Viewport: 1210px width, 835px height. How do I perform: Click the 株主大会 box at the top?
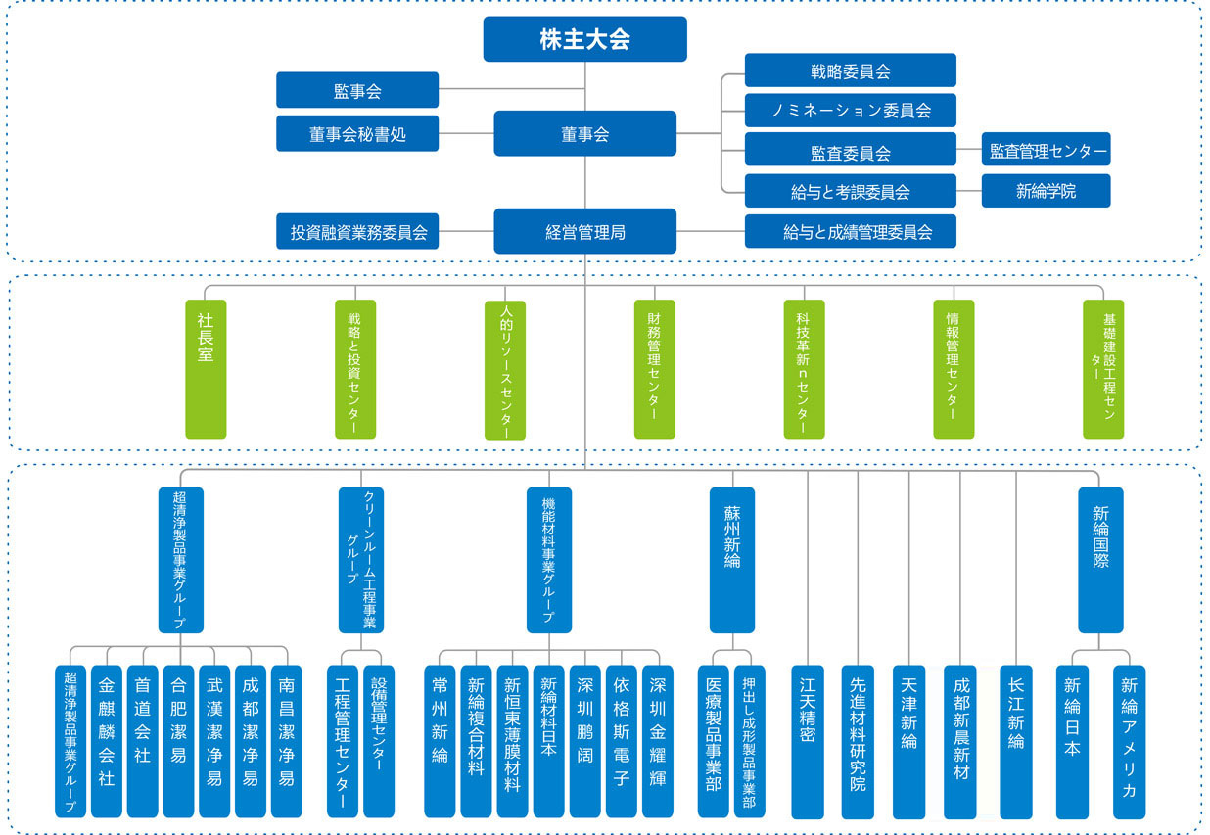coord(584,39)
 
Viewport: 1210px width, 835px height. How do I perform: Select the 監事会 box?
coord(356,91)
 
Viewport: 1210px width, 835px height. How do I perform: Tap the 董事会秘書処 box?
coord(356,134)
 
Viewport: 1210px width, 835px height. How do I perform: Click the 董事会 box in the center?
coord(584,134)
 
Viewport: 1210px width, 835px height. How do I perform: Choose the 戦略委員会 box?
coord(850,70)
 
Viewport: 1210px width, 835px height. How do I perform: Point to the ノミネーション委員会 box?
coord(850,111)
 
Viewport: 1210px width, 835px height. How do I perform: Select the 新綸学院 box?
coord(1046,191)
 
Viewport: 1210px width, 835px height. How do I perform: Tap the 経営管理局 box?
coord(584,232)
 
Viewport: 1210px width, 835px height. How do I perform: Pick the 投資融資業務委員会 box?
coord(356,232)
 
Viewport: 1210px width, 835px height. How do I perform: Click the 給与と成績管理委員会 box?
coord(850,232)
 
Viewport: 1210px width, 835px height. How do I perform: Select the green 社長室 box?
coord(206,369)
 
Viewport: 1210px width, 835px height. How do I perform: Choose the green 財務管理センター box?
coord(654,369)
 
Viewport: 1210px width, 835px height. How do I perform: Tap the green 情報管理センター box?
coord(954,369)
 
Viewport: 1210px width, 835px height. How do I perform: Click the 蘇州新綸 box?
coord(731,560)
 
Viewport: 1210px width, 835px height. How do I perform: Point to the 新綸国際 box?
coord(1100,560)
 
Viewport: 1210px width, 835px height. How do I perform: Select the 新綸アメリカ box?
coord(1129,741)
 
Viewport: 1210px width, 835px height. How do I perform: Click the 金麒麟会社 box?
coord(106,741)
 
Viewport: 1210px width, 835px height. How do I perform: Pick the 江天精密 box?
coord(808,741)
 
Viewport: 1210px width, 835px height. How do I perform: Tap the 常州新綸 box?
coord(440,741)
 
